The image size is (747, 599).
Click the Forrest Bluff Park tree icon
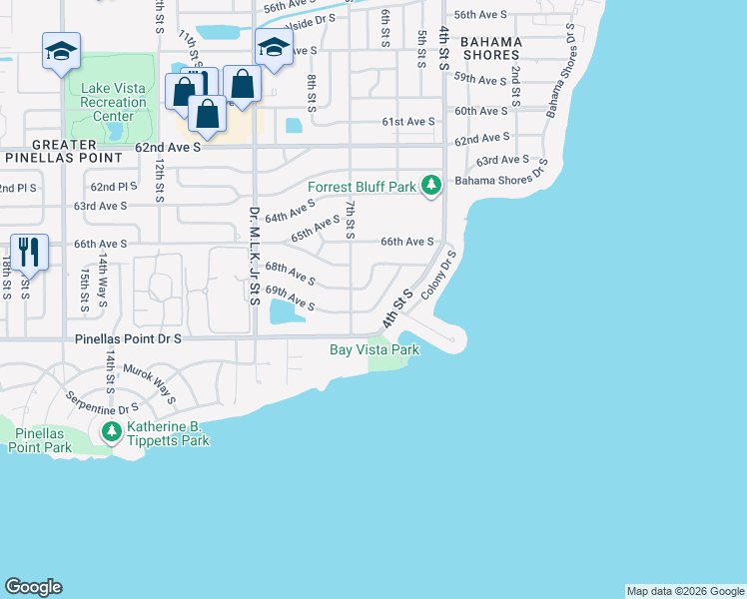[431, 185]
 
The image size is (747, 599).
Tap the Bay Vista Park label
[374, 349]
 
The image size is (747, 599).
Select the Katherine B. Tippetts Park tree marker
[111, 431]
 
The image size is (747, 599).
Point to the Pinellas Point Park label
[36, 440]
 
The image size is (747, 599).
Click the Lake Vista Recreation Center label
[112, 102]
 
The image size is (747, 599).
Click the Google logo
[33, 587]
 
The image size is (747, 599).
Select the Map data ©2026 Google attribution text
[685, 591]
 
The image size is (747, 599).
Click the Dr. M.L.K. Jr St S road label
[254, 255]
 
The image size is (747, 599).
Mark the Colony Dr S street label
[439, 274]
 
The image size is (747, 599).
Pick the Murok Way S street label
[149, 384]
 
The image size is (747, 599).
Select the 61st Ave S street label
[408, 122]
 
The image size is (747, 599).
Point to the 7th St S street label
[350, 219]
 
